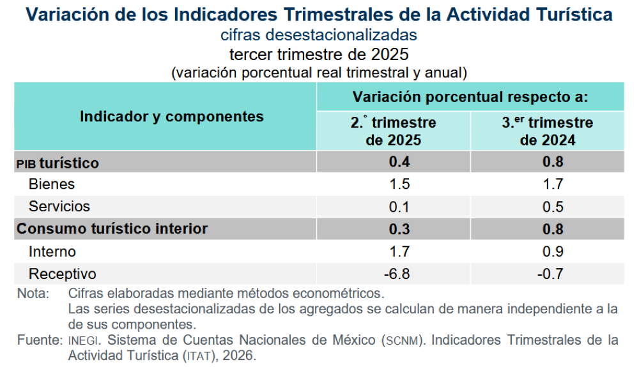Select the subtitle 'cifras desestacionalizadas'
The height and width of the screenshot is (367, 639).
click(319, 34)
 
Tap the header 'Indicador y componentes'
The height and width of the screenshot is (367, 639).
click(171, 116)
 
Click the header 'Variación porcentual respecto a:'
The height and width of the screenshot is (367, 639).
click(470, 97)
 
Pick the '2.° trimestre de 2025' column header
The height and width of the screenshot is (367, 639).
click(393, 131)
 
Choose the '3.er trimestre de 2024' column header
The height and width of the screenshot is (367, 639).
click(547, 131)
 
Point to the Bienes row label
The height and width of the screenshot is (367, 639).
click(52, 184)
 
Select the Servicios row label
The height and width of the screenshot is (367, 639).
click(59, 207)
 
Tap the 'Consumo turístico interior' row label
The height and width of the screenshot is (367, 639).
click(112, 228)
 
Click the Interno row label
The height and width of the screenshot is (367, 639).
click(52, 251)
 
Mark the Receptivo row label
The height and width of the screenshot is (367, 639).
click(63, 274)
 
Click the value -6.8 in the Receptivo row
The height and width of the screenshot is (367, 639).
click(396, 274)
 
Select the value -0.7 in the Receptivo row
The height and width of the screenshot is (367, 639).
click(550, 274)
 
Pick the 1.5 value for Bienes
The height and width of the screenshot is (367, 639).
click(399, 184)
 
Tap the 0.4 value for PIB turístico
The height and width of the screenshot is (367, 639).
click(399, 162)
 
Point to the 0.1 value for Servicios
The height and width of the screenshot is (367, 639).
click(399, 207)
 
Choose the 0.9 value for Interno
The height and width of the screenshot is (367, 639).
click(553, 251)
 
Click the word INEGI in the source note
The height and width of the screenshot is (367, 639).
click(83, 341)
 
